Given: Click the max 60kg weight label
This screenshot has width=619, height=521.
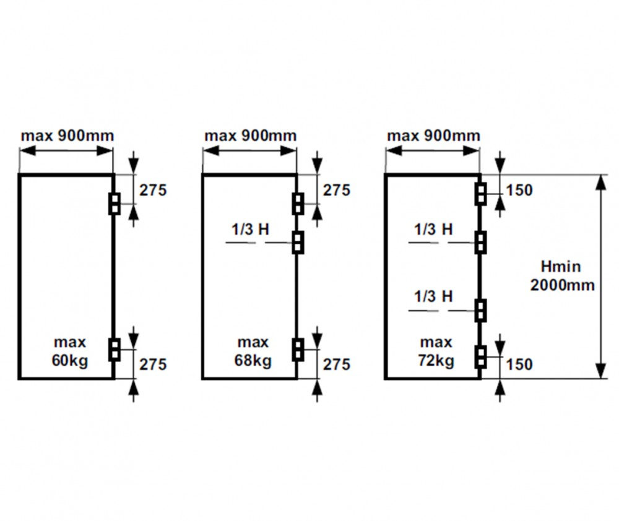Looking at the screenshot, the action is pyautogui.click(x=70, y=351).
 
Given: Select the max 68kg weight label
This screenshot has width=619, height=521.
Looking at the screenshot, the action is pyautogui.click(x=253, y=351).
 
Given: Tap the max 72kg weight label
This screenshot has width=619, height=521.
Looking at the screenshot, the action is pyautogui.click(x=436, y=351).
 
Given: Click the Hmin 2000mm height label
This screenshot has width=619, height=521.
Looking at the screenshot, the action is pyautogui.click(x=562, y=275).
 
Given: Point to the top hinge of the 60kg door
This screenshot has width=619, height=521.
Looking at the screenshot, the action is pyautogui.click(x=115, y=204).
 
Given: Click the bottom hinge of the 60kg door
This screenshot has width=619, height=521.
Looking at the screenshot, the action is pyautogui.click(x=115, y=350).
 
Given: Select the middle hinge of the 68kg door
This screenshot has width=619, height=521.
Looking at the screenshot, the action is pyautogui.click(x=298, y=242).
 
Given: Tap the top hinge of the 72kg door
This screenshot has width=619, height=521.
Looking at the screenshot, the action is pyautogui.click(x=480, y=194).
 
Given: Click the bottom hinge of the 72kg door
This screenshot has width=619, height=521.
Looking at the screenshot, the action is pyautogui.click(x=480, y=357).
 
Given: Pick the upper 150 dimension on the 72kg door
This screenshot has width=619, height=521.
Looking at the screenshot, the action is pyautogui.click(x=519, y=190).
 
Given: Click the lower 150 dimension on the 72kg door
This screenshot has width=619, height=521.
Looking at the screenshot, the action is pyautogui.click(x=519, y=364).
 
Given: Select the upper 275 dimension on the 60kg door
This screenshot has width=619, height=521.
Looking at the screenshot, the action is pyautogui.click(x=153, y=190).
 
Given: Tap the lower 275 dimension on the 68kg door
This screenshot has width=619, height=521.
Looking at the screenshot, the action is pyautogui.click(x=336, y=364).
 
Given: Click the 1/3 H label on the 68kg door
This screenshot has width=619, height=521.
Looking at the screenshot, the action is pyautogui.click(x=250, y=229).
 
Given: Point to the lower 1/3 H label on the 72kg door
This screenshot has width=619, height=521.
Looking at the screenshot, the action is pyautogui.click(x=433, y=296).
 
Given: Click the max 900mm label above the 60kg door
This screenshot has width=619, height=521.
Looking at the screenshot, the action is pyautogui.click(x=67, y=136).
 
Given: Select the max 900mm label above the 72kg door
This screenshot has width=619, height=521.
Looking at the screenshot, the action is pyautogui.click(x=433, y=136).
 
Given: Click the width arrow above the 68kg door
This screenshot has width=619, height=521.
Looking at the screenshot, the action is pyautogui.click(x=249, y=151).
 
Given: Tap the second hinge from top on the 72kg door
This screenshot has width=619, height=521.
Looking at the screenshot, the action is pyautogui.click(x=480, y=242).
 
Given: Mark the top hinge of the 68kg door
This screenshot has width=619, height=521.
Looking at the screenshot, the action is pyautogui.click(x=298, y=204).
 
